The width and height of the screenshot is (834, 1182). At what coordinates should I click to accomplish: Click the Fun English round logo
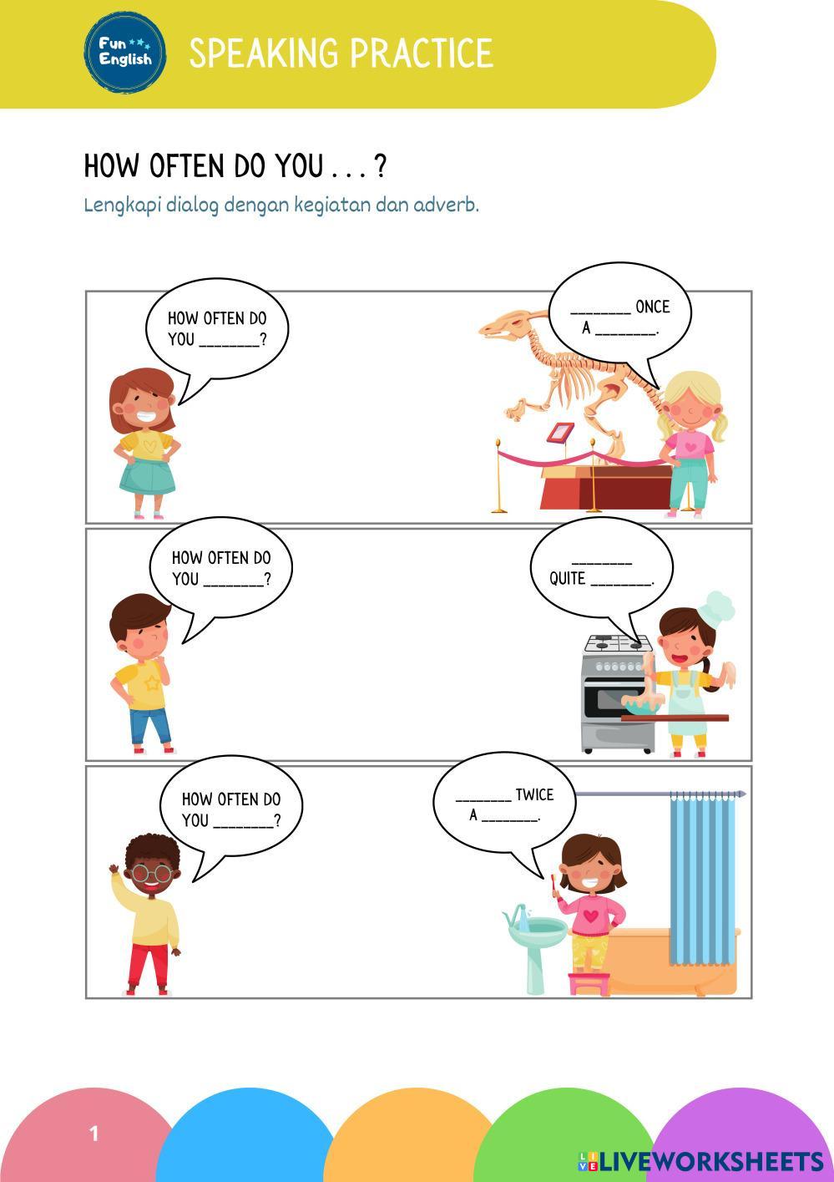pos(125,53)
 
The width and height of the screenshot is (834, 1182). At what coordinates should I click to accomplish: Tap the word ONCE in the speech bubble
pos(653,307)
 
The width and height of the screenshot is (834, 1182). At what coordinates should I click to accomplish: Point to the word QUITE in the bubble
pos(567,578)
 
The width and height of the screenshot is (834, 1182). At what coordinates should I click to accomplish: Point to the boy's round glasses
pos(151,873)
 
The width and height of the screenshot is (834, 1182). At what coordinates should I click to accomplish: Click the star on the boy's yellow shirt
pos(153,684)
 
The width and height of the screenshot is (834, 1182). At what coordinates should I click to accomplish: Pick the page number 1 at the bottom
pos(94,1134)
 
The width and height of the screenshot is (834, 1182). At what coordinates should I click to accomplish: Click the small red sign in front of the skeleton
pos(560,432)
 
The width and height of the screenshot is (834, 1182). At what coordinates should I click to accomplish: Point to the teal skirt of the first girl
pos(147,476)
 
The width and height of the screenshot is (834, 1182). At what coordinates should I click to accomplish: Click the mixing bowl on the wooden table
pos(641,704)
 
